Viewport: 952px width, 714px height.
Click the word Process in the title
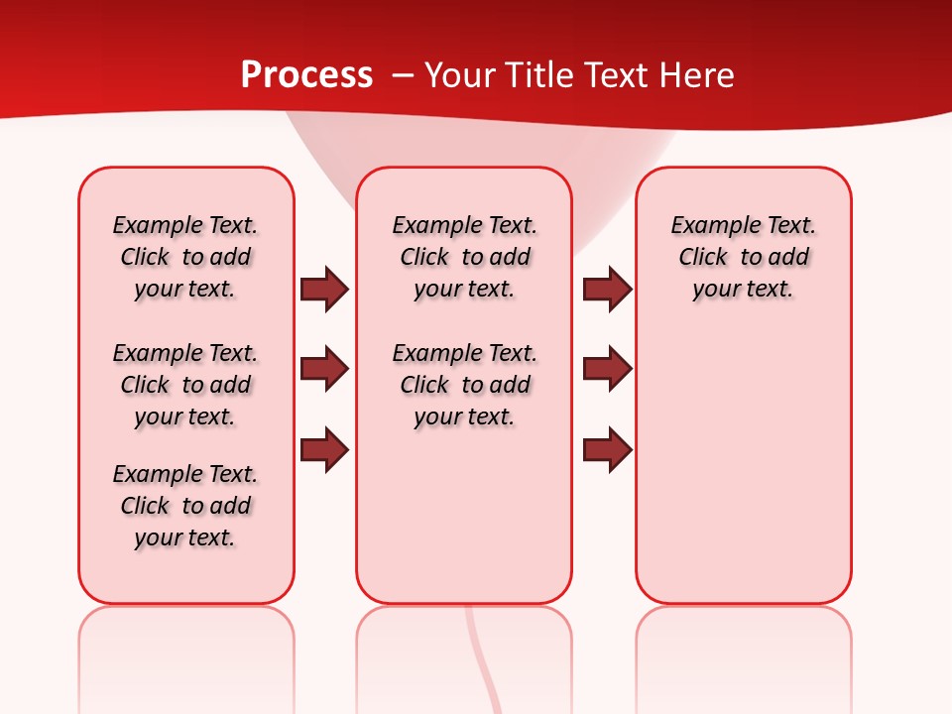pos(306,75)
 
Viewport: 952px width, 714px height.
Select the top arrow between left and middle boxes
pos(324,290)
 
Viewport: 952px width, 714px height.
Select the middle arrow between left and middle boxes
pos(324,369)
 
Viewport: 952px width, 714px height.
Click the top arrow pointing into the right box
pos(607,290)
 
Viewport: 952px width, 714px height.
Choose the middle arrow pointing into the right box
pos(607,369)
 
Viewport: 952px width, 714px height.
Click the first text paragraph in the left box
pos(185,257)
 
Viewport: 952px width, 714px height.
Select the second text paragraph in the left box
pos(185,385)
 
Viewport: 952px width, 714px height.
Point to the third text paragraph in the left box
pos(185,506)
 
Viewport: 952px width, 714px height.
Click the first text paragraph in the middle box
pos(464,257)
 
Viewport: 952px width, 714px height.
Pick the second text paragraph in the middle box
pos(464,385)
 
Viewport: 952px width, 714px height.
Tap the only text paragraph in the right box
pos(743,257)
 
